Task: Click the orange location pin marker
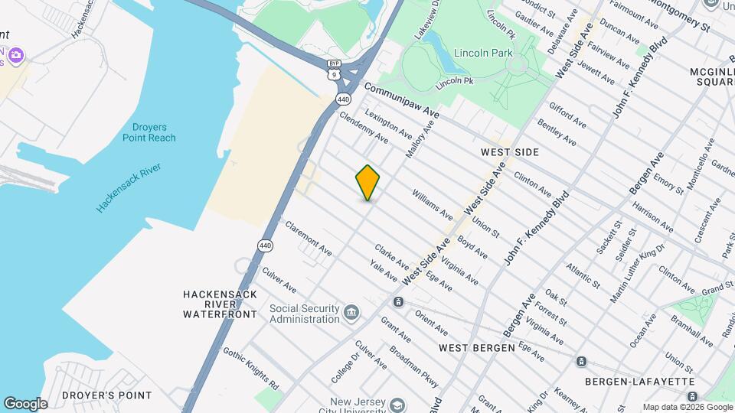pos(367,182)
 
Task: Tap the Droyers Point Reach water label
pos(149,132)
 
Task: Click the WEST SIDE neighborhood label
pos(510,152)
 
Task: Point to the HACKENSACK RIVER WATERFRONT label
pos(220,304)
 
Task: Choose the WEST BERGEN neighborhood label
pos(477,348)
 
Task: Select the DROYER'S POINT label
pos(107,395)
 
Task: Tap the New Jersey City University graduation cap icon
pos(397,404)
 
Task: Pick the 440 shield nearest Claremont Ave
pos(265,245)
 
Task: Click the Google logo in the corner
pos(25,403)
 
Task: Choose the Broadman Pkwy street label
pos(414,365)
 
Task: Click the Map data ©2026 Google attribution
pos(687,407)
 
